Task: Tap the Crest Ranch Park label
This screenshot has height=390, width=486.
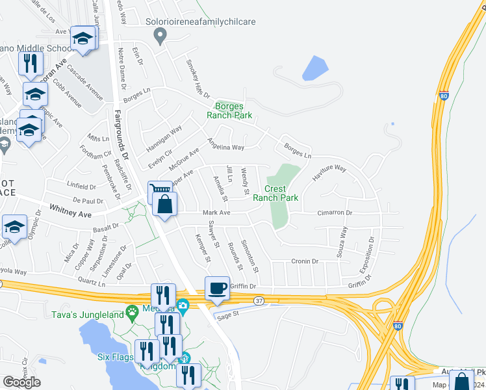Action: pyautogui.click(x=275, y=193)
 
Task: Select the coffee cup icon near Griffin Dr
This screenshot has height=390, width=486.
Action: pyautogui.click(x=217, y=288)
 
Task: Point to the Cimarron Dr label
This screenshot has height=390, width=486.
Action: pyautogui.click(x=335, y=213)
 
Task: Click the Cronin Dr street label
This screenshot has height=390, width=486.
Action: pyautogui.click(x=303, y=261)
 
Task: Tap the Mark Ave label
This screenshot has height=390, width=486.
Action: pyautogui.click(x=216, y=213)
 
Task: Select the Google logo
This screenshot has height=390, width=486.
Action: pyautogui.click(x=21, y=382)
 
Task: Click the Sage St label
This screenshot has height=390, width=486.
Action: pyautogui.click(x=229, y=313)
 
